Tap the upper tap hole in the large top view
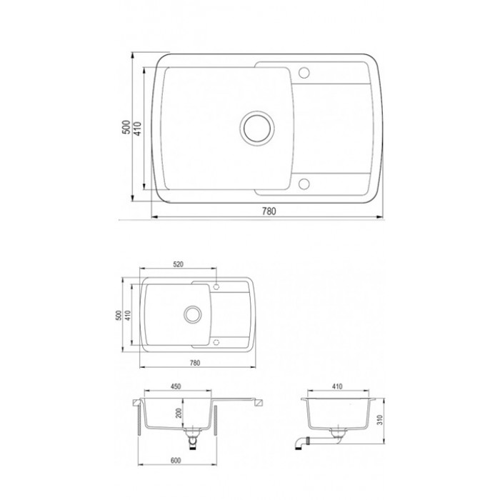[x=304, y=73]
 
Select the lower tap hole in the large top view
[x=304, y=184]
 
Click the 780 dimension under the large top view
[x=269, y=211]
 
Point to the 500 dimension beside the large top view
[x=126, y=127]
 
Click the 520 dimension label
[x=179, y=264]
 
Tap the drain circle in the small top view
[x=193, y=314]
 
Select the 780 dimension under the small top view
[x=195, y=363]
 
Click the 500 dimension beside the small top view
[x=119, y=316]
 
